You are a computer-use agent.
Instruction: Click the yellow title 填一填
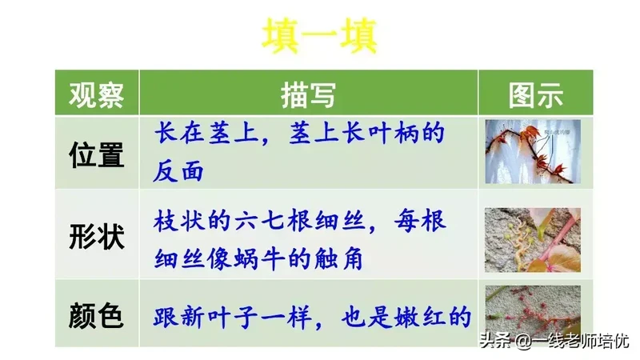(x=319, y=36)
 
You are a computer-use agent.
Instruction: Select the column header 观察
(x=96, y=94)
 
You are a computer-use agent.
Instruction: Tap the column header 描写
(x=308, y=95)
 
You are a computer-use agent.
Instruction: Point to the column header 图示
(x=535, y=95)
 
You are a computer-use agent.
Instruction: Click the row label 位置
(x=96, y=154)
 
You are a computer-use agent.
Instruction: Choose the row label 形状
(x=96, y=236)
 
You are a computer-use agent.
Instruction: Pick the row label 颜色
(x=96, y=315)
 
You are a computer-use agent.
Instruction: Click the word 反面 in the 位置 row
(x=178, y=170)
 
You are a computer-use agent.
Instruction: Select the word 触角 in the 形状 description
(x=338, y=258)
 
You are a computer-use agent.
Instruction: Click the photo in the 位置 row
(x=533, y=151)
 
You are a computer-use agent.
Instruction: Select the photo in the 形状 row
(x=533, y=240)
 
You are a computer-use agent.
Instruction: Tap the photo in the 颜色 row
(x=533, y=310)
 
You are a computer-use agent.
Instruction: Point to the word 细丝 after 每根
(x=179, y=258)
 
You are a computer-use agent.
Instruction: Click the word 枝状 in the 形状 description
(x=179, y=221)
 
